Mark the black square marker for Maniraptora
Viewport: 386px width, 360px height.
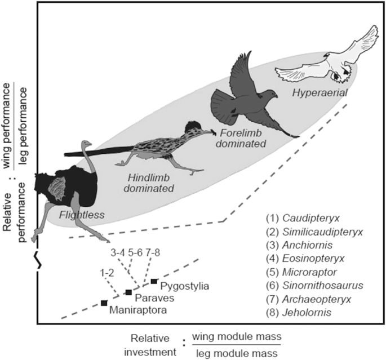pyautogui.click(x=104, y=303)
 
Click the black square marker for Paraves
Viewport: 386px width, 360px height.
pyautogui.click(x=128, y=292)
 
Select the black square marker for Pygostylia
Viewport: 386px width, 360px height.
pyautogui.click(x=154, y=281)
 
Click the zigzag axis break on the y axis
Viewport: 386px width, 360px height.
pyautogui.click(x=37, y=261)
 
